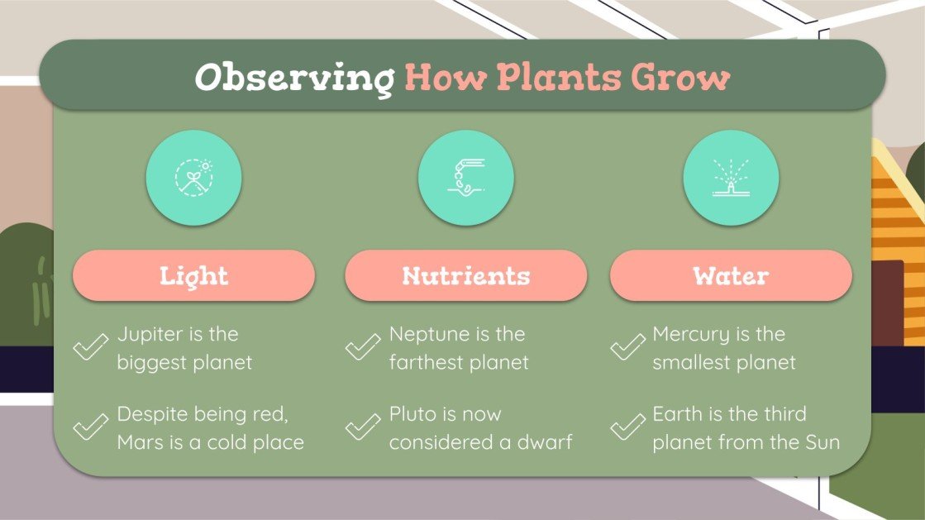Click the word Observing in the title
coord(293,78)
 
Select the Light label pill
coord(193,275)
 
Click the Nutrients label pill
coord(465,275)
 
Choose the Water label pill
coord(731,275)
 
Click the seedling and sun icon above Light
coord(193,178)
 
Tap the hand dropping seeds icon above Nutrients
coord(465,178)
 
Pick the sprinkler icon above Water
coord(731,178)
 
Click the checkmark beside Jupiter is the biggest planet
coord(91,347)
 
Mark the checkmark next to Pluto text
coord(362,427)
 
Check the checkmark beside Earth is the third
coord(627,427)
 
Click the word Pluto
coord(412,414)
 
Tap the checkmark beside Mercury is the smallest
coord(627,347)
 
